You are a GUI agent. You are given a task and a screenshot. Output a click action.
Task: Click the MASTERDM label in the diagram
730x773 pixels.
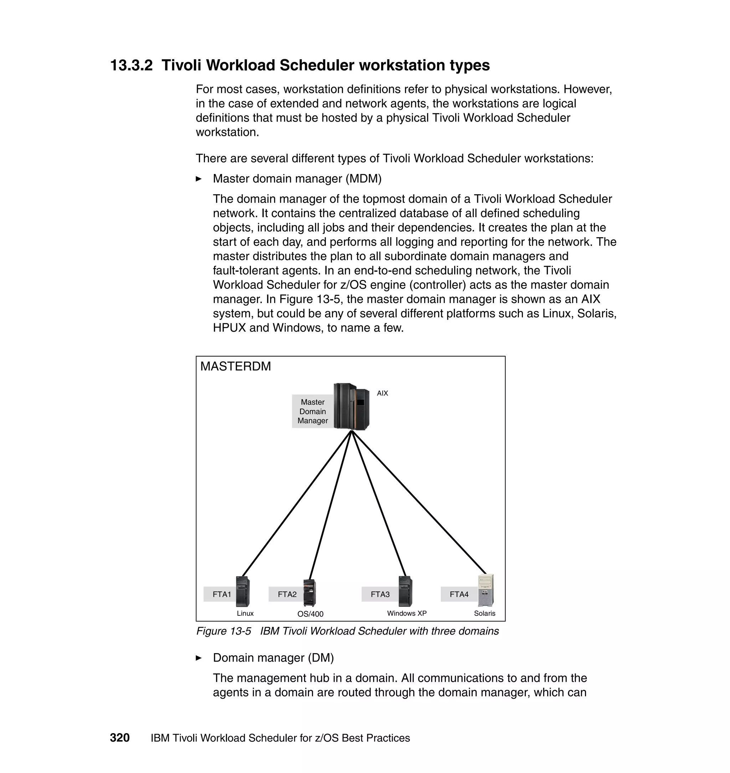tap(235, 366)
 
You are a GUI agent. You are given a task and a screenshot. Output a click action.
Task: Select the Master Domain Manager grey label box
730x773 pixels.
tap(313, 411)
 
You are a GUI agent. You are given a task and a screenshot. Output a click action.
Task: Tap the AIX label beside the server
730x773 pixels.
tap(382, 393)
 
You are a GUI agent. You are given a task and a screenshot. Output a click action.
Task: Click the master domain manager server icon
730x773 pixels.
tap(351, 407)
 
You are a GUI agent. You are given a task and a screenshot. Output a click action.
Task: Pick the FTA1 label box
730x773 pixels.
tap(221, 594)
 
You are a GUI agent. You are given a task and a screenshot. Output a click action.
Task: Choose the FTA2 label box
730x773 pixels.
tap(287, 594)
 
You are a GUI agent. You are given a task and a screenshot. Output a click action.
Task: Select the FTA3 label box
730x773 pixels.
tap(380, 594)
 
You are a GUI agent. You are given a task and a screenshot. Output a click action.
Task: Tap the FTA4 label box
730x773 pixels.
tap(459, 594)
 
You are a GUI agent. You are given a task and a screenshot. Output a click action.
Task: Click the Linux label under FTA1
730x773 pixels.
tap(245, 613)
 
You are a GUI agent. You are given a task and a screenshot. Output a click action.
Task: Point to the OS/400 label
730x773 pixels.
tap(310, 614)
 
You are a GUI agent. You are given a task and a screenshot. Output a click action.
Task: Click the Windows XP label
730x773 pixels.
tap(407, 613)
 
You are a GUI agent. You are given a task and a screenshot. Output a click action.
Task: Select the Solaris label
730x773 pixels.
tap(484, 613)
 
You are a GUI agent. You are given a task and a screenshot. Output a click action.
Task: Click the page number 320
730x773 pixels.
tap(119, 738)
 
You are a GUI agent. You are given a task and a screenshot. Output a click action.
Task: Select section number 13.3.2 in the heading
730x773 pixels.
tap(132, 65)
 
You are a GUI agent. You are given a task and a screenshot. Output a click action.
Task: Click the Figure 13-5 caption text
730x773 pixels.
tap(347, 631)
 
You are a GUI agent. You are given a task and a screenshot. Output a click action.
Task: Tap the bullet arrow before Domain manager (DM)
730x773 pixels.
tap(199, 658)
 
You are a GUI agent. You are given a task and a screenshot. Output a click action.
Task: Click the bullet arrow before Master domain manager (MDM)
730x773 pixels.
tap(199, 179)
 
